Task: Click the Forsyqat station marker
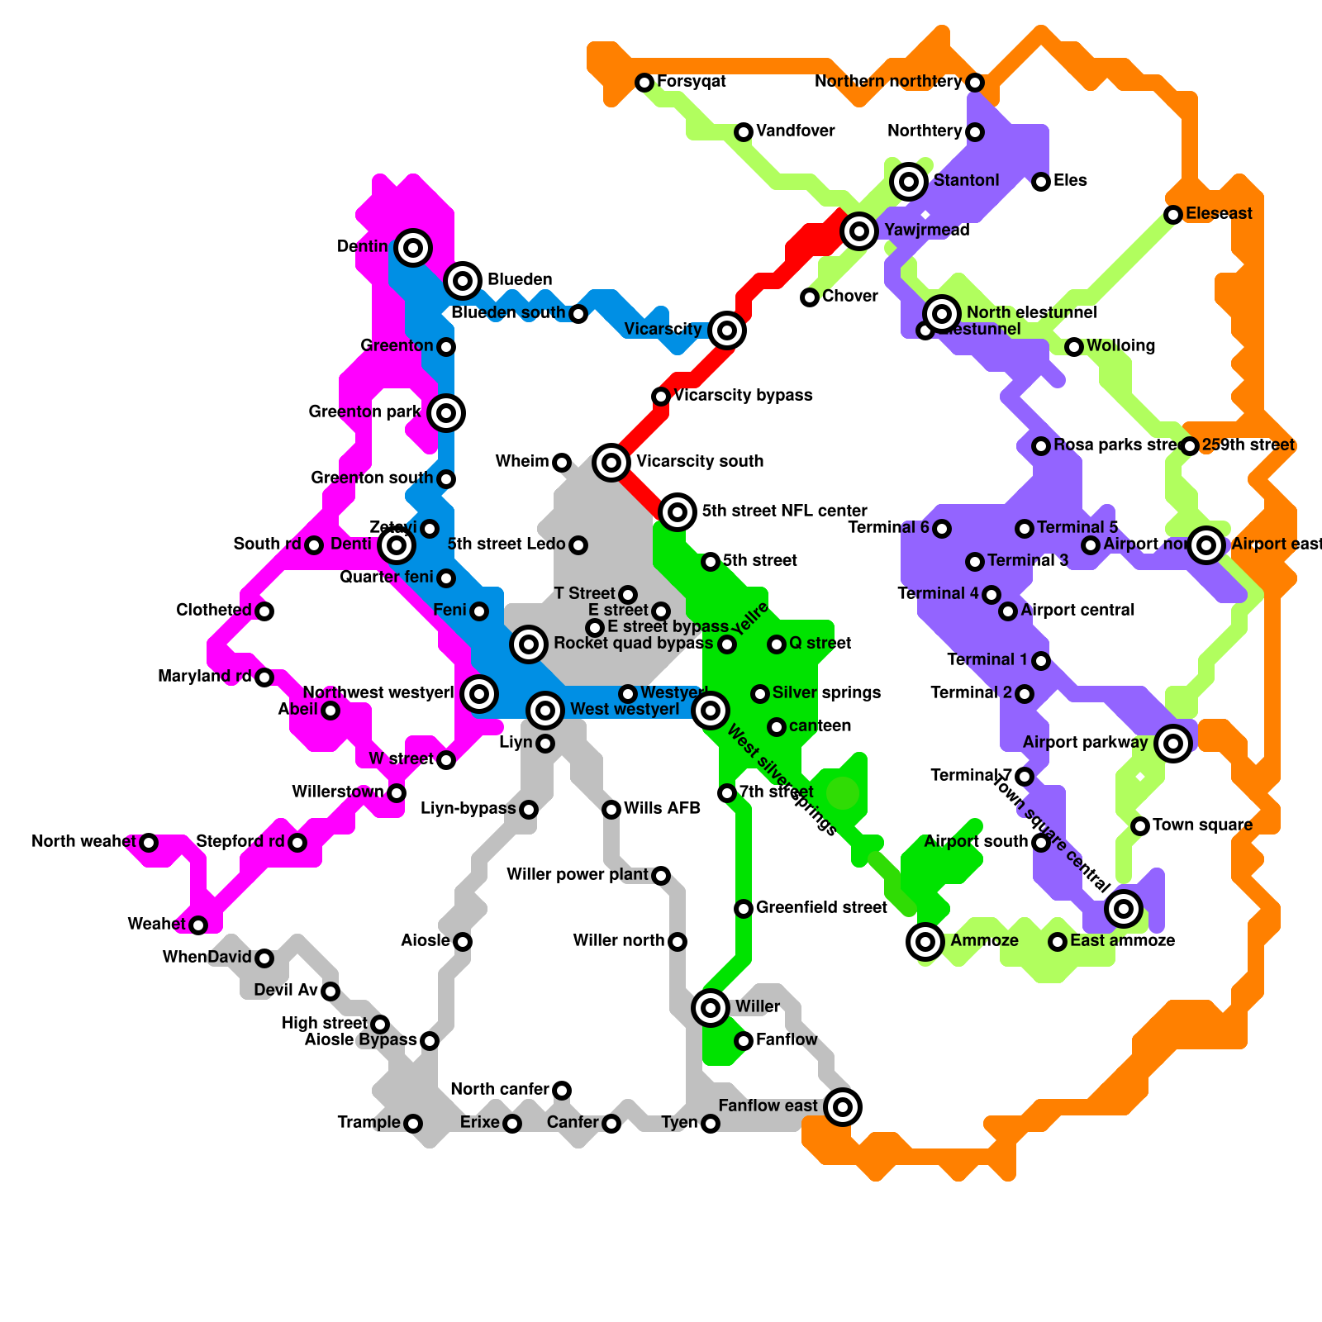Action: (644, 82)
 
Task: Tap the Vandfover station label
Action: (796, 131)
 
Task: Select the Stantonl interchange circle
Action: (909, 181)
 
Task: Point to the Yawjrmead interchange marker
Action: (859, 231)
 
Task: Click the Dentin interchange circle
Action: (413, 247)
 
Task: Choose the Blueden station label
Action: (520, 279)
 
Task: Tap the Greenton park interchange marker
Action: (446, 412)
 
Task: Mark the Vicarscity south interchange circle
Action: (611, 462)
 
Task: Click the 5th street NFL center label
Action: (784, 511)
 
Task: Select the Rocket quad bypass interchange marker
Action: (529, 644)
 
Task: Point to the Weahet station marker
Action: (198, 925)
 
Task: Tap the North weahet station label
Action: (83, 841)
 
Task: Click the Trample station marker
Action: (413, 1123)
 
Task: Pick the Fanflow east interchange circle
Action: (843, 1106)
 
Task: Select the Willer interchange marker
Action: (711, 1007)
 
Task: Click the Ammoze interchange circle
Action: (925, 941)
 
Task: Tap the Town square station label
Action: (1202, 825)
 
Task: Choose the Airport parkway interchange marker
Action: (1173, 743)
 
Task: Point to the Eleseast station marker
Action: (1173, 215)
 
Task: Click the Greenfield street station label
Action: (821, 907)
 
